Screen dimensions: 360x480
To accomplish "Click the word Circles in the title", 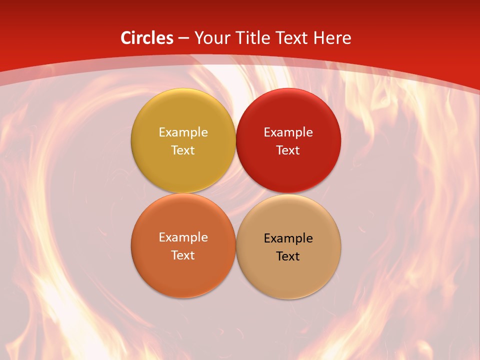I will tap(147, 38).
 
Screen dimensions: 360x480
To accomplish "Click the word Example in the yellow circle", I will tap(183, 132).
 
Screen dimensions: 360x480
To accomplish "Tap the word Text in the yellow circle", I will tap(183, 150).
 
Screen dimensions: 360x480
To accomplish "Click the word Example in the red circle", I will tap(288, 132).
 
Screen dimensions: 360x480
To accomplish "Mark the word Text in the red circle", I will tap(288, 150).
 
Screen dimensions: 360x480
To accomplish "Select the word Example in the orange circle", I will tap(183, 237).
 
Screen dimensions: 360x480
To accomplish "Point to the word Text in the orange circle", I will tap(183, 255).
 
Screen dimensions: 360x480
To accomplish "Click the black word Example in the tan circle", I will tap(288, 238).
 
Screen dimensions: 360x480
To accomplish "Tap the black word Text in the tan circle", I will tap(288, 256).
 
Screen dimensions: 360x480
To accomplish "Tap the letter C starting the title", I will tap(126, 38).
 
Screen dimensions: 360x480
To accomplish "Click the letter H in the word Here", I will tap(318, 38).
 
